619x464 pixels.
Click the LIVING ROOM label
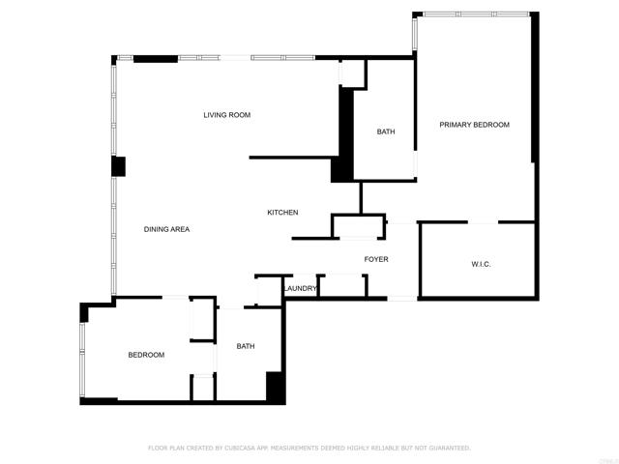click(226, 115)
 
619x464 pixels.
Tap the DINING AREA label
click(166, 229)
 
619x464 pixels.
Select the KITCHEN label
click(282, 213)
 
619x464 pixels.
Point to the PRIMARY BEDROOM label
click(474, 125)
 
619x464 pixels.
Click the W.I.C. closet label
click(481, 264)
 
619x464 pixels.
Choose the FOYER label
click(376, 259)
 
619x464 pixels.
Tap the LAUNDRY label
click(301, 288)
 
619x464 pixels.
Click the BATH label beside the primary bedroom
click(386, 132)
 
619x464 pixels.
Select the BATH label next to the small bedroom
click(246, 346)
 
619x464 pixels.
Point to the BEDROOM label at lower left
click(146, 355)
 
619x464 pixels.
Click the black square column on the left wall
click(118, 166)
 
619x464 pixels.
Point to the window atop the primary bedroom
click(474, 14)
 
